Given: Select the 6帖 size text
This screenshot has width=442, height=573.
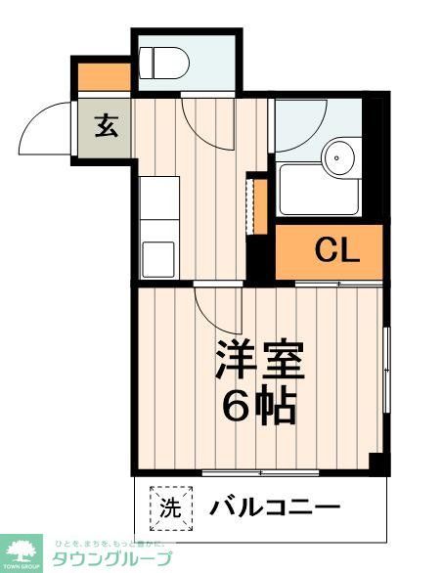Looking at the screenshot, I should (x=258, y=406).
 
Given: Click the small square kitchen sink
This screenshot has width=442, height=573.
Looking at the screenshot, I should (x=157, y=258).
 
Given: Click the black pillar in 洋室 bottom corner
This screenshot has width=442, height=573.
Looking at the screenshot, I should (x=376, y=463).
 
